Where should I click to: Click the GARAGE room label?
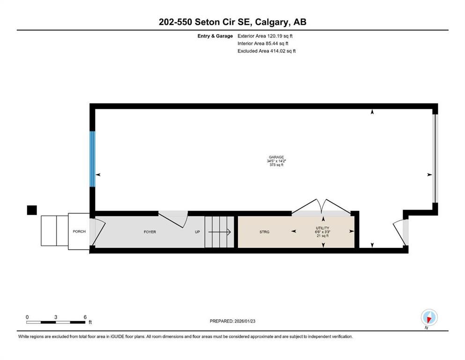(x=276, y=157)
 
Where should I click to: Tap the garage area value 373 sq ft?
(x=276, y=165)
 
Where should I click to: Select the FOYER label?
(x=149, y=232)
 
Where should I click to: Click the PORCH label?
(x=79, y=232)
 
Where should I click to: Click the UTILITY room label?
(x=323, y=228)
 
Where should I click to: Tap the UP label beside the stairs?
(x=198, y=232)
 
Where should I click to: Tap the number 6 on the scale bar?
(x=85, y=317)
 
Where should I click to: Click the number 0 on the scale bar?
(x=27, y=317)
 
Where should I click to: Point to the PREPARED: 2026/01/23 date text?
(x=232, y=321)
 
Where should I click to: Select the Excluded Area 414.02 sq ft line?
(x=266, y=51)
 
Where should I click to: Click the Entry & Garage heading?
(x=215, y=36)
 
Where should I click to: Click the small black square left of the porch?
(x=31, y=210)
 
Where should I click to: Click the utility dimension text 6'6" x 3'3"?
(x=323, y=232)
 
